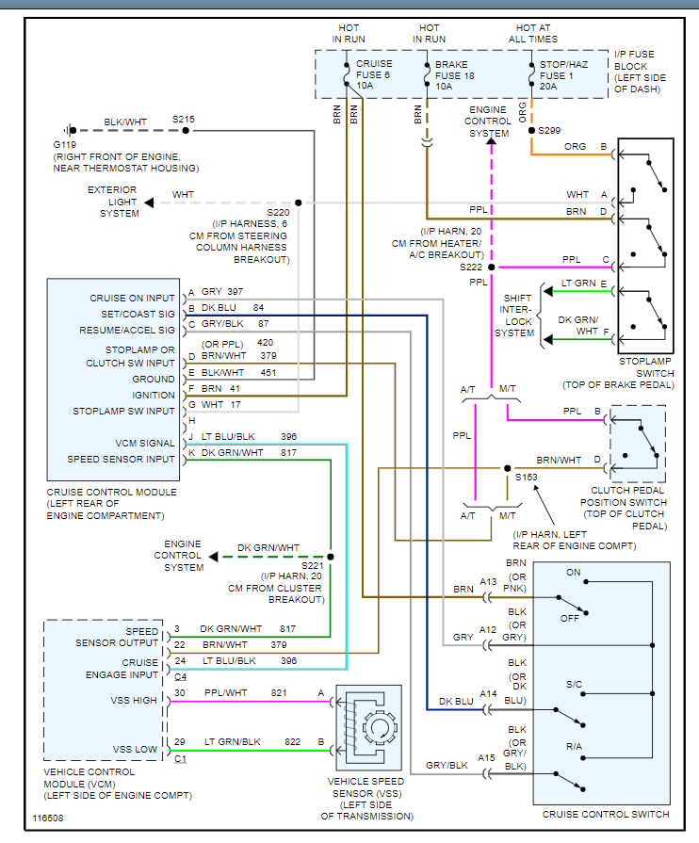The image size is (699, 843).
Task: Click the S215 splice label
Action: coord(183,120)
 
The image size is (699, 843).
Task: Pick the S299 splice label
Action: coord(552,130)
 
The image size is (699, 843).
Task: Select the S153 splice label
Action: coord(525,478)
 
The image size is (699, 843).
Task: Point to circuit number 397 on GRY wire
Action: coord(235,292)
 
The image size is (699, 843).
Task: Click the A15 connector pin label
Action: coord(486,758)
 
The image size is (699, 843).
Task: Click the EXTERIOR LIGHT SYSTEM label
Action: coord(113,202)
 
